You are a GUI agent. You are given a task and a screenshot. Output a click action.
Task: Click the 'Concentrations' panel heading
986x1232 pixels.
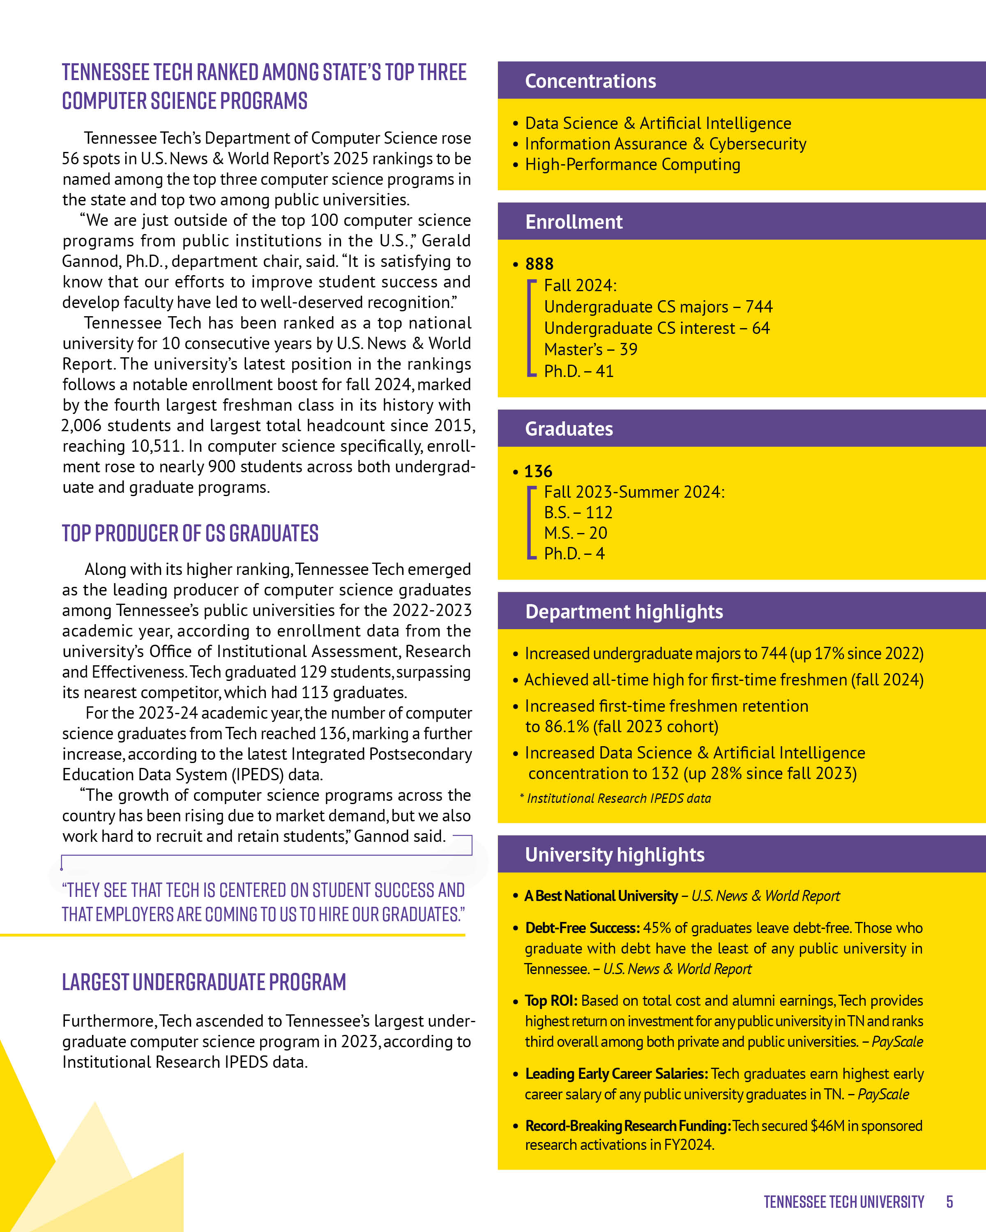pos(590,81)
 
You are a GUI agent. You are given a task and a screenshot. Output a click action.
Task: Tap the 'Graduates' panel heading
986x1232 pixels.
pos(569,429)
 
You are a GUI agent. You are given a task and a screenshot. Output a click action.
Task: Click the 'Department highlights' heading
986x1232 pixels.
pos(624,611)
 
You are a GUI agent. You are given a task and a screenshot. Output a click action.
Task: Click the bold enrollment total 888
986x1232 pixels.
pos(539,264)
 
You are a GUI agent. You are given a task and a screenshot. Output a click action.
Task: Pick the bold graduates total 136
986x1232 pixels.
pos(538,471)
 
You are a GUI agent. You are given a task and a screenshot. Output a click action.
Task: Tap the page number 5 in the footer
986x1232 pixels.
pos(949,1202)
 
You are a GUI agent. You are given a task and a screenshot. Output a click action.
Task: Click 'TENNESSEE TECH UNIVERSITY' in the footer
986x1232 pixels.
pos(844,1202)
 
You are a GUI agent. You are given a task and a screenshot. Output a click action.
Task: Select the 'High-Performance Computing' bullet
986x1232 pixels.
pos(632,165)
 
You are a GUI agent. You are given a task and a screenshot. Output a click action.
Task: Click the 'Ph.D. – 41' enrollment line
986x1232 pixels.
pos(578,371)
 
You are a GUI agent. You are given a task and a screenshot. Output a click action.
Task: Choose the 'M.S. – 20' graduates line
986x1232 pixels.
pos(575,533)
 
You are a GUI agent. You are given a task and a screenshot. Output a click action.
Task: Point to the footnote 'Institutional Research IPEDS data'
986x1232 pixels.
pos(618,798)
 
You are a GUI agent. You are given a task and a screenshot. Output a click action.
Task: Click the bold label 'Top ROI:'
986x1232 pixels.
pos(551,1000)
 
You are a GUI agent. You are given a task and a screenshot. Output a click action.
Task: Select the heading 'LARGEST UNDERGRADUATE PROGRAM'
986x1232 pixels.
pos(204,982)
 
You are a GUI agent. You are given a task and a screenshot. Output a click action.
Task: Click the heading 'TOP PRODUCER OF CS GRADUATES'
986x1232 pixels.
pos(190,533)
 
